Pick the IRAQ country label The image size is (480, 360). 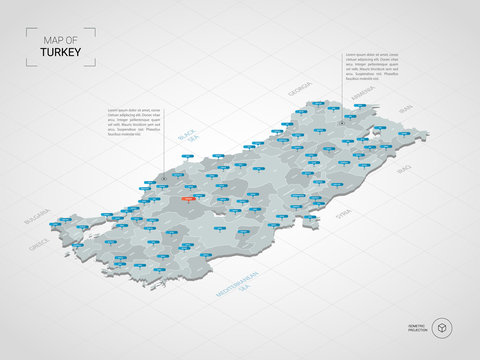click(x=405, y=171)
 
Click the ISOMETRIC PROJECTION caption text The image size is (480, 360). click(x=418, y=327)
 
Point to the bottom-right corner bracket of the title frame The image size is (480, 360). click(x=94, y=65)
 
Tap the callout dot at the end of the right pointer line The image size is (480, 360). click(x=342, y=123)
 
